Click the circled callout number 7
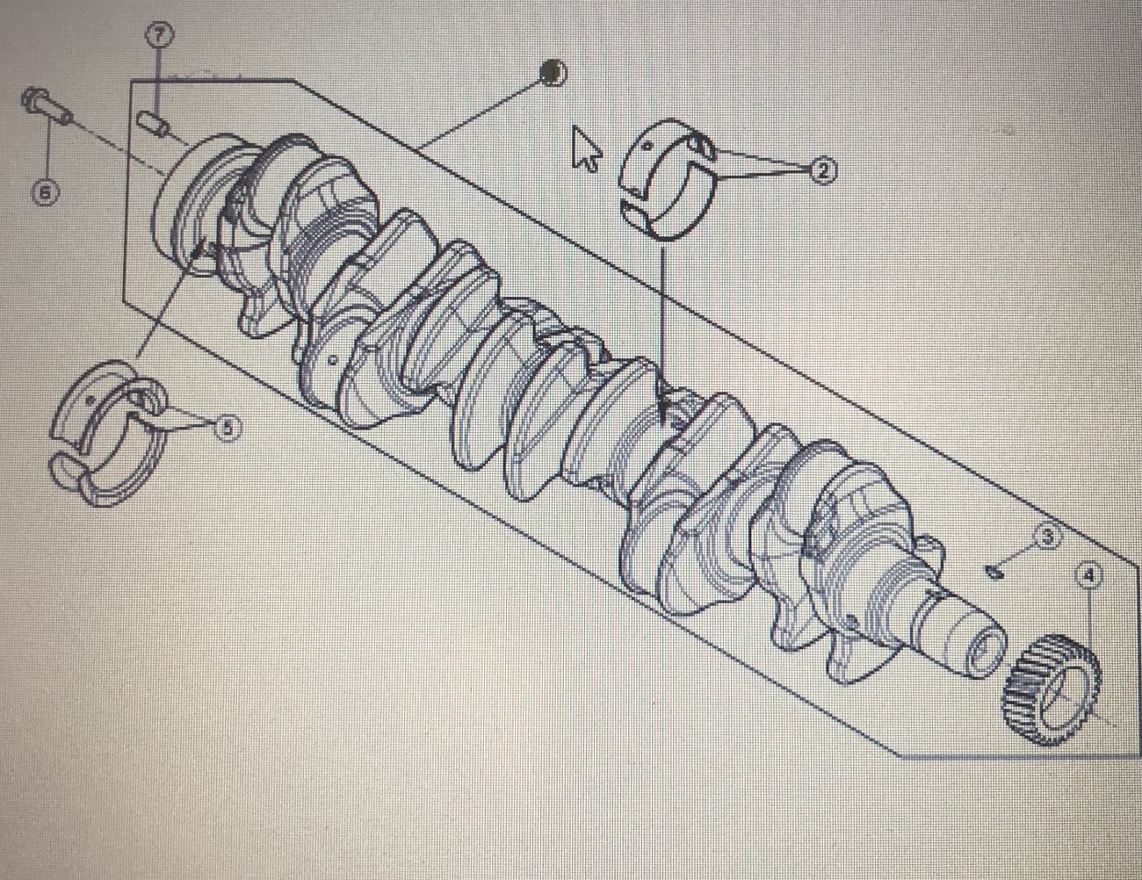pyautogui.click(x=158, y=34)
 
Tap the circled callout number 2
pyautogui.click(x=822, y=170)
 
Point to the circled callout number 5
pyautogui.click(x=227, y=428)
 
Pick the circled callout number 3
pyautogui.click(x=1046, y=535)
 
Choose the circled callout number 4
pyautogui.click(x=1088, y=576)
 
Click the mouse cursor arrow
pyautogui.click(x=584, y=148)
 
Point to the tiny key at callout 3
pyautogui.click(x=994, y=572)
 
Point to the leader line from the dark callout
pyautogui.click(x=483, y=110)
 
